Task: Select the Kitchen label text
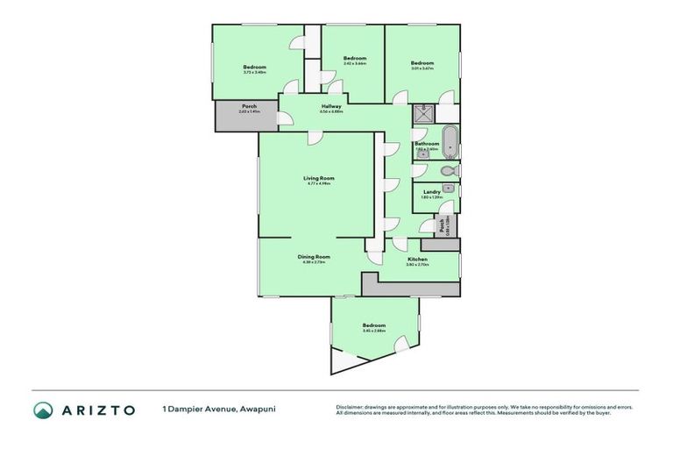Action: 417,260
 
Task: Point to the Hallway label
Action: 331,107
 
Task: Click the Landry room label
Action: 431,192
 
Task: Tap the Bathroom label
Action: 427,144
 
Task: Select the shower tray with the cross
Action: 423,112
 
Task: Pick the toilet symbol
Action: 448,170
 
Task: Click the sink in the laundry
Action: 448,188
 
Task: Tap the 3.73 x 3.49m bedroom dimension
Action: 255,72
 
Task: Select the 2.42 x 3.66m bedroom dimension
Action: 354,64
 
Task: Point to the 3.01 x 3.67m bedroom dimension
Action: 422,68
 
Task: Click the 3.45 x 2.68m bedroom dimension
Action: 374,331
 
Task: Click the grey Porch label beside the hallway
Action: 237,107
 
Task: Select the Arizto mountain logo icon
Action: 43,410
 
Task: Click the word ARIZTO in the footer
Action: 97,410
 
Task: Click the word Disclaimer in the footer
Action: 351,406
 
